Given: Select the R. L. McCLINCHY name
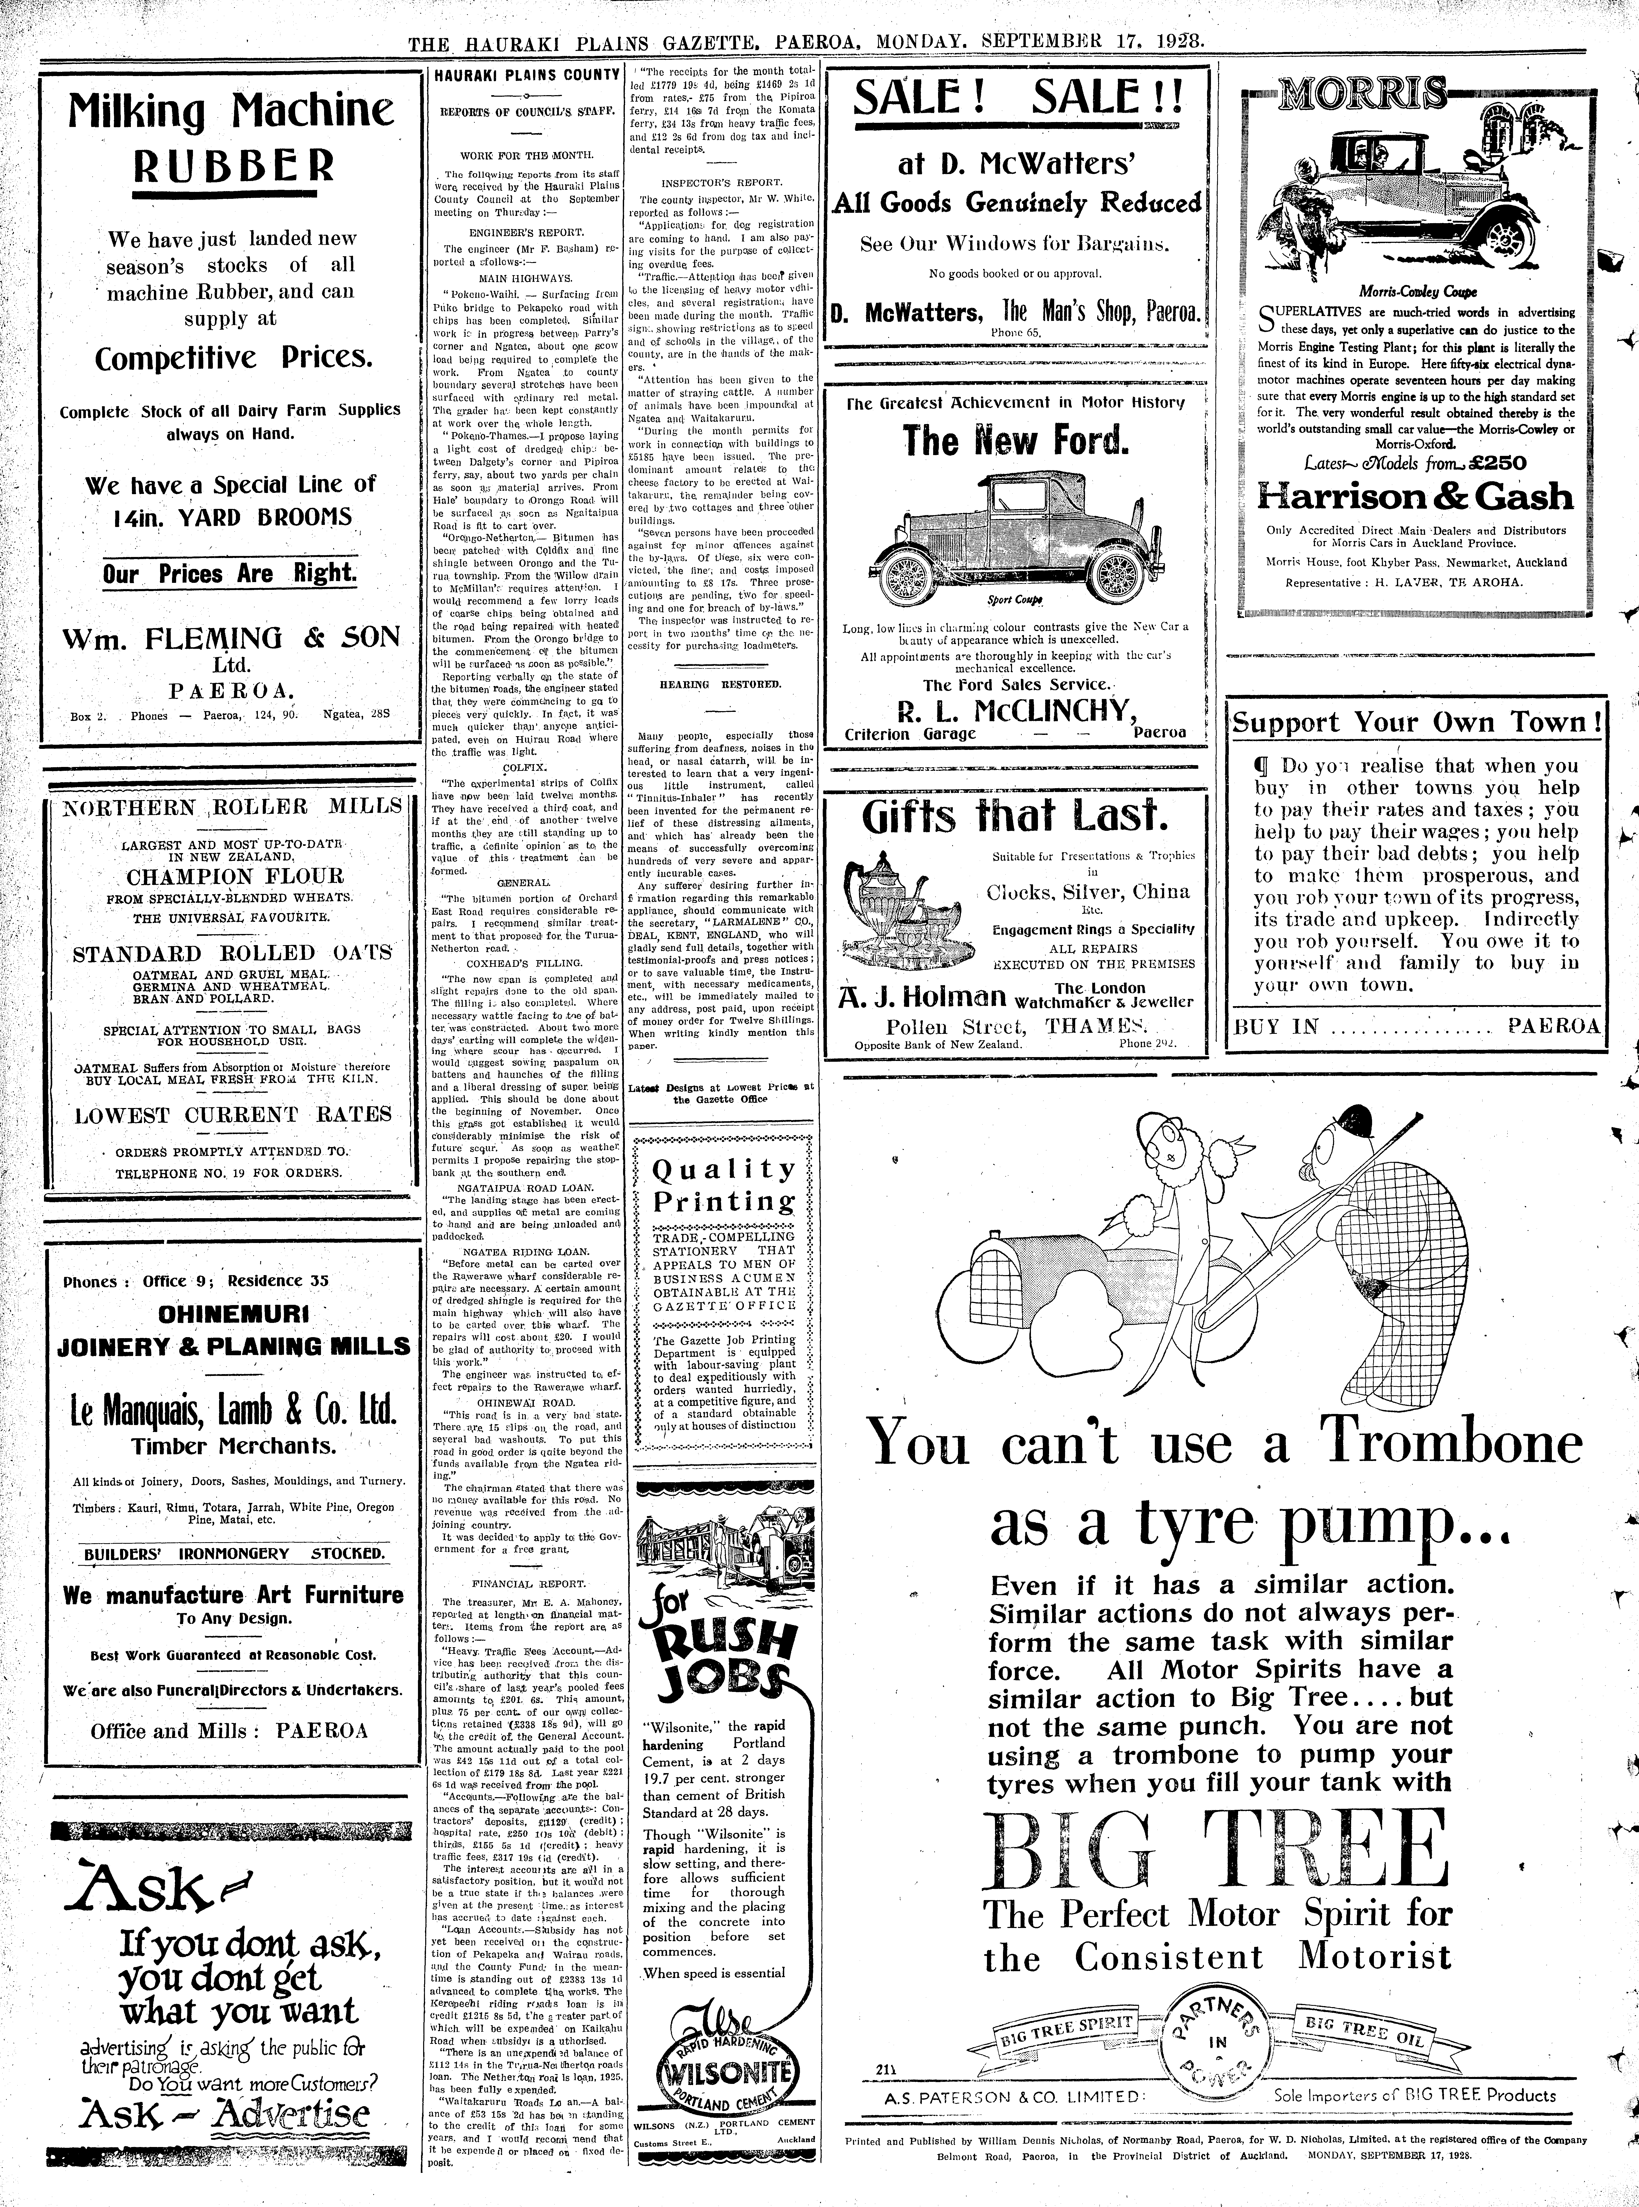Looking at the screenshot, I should tap(1016, 710).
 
